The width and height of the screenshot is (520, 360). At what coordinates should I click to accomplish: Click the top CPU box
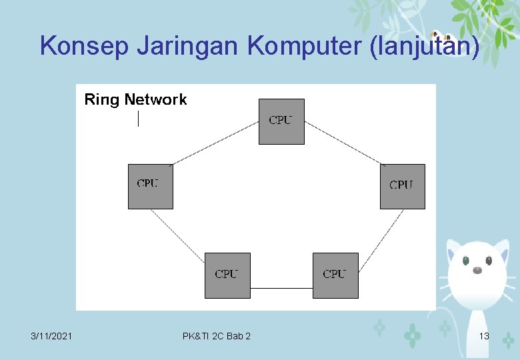click(x=281, y=121)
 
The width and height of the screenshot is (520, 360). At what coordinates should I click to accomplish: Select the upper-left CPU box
click(x=151, y=187)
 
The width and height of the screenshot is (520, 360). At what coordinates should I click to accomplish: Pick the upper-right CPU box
click(x=402, y=187)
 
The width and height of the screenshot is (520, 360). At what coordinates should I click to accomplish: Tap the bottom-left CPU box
click(x=227, y=275)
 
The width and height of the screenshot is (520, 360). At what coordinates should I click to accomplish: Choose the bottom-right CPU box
click(x=335, y=275)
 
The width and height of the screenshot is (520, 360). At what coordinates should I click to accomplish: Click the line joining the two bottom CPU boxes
click(x=281, y=288)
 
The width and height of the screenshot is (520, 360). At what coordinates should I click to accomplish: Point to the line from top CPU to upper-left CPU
click(x=215, y=143)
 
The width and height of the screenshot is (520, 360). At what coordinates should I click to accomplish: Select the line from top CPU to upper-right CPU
click(x=343, y=143)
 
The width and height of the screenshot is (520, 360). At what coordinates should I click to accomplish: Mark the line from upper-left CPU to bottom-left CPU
click(x=178, y=232)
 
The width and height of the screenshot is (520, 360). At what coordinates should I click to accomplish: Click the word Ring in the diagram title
click(x=101, y=100)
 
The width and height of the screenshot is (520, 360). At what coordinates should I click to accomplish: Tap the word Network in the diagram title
click(x=155, y=100)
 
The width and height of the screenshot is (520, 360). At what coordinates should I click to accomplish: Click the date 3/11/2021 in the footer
click(x=52, y=336)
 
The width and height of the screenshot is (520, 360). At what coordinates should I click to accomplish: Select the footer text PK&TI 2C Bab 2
click(x=217, y=336)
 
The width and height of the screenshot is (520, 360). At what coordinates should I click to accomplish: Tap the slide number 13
click(x=484, y=336)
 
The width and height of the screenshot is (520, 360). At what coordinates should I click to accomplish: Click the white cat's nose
click(x=477, y=270)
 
